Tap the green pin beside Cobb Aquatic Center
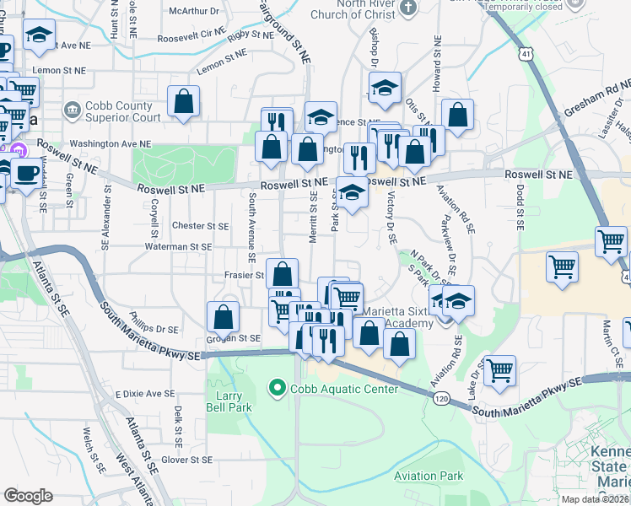[276, 389]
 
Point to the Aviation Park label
[429, 476]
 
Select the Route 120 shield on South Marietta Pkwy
[441, 396]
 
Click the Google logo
[28, 496]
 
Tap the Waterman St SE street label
[177, 246]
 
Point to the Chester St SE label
[200, 226]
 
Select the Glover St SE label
[186, 460]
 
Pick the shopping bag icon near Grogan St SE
[224, 318]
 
